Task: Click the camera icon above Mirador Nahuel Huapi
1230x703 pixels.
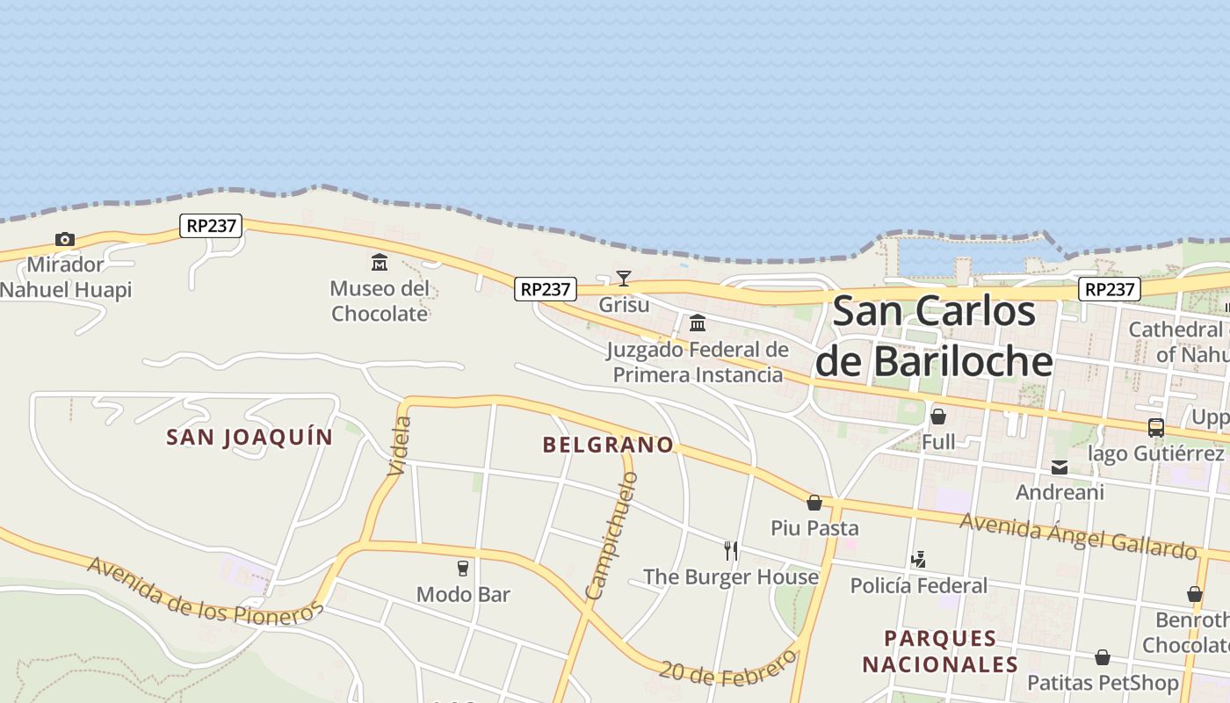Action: point(64,239)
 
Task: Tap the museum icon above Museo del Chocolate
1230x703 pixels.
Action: point(380,262)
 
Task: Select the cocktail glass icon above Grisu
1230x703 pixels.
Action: point(624,279)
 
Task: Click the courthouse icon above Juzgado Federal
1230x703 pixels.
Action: point(698,323)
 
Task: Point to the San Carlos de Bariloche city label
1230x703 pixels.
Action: point(934,337)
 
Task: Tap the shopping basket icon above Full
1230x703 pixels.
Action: point(938,416)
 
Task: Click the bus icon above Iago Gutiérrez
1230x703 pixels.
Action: point(1156,428)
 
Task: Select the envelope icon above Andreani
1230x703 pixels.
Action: point(1060,467)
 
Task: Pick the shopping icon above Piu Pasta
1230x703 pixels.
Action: point(814,503)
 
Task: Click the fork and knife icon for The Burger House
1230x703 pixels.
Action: point(731,551)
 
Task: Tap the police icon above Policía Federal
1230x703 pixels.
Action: point(919,559)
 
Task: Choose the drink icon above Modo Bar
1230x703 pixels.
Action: point(463,569)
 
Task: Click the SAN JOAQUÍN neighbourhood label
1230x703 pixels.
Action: point(250,437)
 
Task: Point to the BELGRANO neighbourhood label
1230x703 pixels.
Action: point(608,445)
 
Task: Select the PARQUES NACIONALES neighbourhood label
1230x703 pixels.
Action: point(940,651)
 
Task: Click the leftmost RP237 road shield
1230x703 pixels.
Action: point(211,226)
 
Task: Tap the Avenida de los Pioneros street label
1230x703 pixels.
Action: point(206,591)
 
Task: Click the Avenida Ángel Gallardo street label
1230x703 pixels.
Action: point(1078,536)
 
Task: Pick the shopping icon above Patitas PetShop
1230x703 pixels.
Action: point(1103,657)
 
